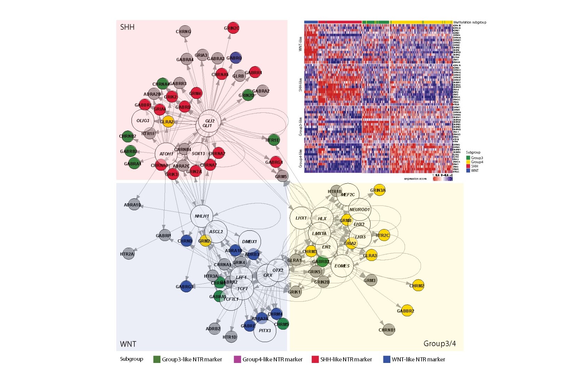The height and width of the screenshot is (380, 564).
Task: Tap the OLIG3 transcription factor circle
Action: [143, 121]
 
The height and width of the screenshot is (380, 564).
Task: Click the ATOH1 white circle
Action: [166, 154]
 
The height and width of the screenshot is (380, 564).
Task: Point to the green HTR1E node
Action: [273, 140]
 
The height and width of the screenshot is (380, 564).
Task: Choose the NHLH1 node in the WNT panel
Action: [201, 216]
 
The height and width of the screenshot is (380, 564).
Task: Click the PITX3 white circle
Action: [265, 331]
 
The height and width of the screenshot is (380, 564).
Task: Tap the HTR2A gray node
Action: [128, 254]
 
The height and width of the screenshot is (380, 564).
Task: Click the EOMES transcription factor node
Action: [342, 266]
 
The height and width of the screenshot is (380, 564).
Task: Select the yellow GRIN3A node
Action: [379, 190]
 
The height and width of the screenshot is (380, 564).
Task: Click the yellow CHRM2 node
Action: [418, 286]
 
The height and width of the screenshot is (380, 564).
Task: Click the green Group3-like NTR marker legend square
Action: [157, 359]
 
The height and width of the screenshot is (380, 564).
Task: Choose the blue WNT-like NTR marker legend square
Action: [386, 359]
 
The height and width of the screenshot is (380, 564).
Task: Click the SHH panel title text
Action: [127, 27]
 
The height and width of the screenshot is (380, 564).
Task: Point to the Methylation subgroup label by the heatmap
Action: [470, 22]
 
